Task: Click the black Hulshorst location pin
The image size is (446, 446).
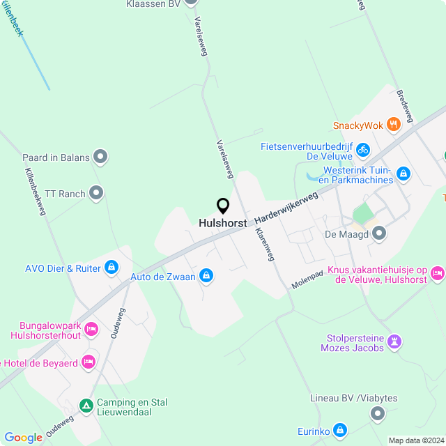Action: point(223,206)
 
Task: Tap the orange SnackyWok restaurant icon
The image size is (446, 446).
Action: point(394,125)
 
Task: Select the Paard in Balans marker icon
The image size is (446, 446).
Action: point(101,157)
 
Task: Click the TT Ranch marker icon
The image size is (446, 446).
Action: point(96,192)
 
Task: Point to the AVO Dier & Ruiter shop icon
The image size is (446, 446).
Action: point(111,267)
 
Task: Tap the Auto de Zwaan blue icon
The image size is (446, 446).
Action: point(206,277)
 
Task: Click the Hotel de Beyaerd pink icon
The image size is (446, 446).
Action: point(88,362)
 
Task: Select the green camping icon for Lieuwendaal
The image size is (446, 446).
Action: point(86,405)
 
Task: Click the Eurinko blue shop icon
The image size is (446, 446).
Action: point(340,431)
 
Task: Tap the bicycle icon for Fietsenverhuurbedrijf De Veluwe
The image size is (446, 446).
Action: point(362,148)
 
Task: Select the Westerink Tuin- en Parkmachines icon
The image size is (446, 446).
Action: point(403,173)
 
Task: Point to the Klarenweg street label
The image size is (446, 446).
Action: point(265,244)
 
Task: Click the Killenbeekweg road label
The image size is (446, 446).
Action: point(36,192)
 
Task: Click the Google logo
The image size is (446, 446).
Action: point(23,437)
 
